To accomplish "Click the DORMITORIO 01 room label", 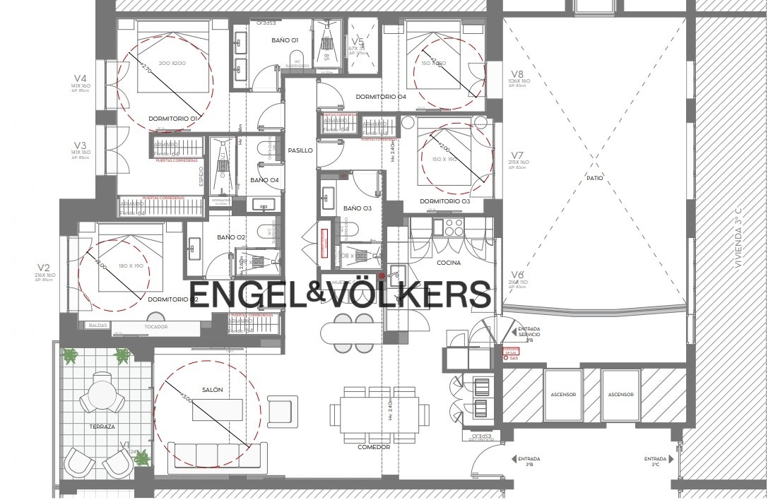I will click(x=172, y=119).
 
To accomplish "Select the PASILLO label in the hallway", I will click(x=300, y=150).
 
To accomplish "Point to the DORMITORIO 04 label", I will click(x=380, y=96).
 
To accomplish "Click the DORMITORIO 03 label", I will click(x=444, y=201).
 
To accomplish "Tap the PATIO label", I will click(x=594, y=178).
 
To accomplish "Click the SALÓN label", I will click(x=212, y=390).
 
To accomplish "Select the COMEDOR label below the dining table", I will click(x=374, y=446).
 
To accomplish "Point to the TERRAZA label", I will click(x=102, y=427).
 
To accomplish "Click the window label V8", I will click(x=517, y=74).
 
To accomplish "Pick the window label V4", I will click(x=81, y=78).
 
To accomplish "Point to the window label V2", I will click(x=44, y=268).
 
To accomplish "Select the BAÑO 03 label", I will click(x=357, y=208).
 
